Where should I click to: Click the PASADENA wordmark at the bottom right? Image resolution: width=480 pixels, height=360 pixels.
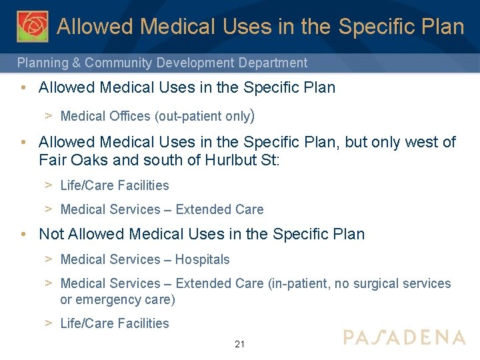pyautogui.click(x=404, y=337)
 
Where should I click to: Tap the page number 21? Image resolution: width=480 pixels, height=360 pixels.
pyautogui.click(x=240, y=344)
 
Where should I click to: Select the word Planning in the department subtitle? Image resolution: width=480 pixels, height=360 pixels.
pyautogui.click(x=42, y=63)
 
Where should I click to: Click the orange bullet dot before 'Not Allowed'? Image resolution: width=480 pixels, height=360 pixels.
pyautogui.click(x=23, y=235)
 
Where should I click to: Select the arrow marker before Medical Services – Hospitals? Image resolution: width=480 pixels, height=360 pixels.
pyautogui.click(x=49, y=259)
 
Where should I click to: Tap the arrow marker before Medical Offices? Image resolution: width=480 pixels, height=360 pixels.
pyautogui.click(x=49, y=116)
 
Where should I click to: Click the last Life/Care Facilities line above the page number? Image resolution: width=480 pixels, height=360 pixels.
pyautogui.click(x=115, y=323)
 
